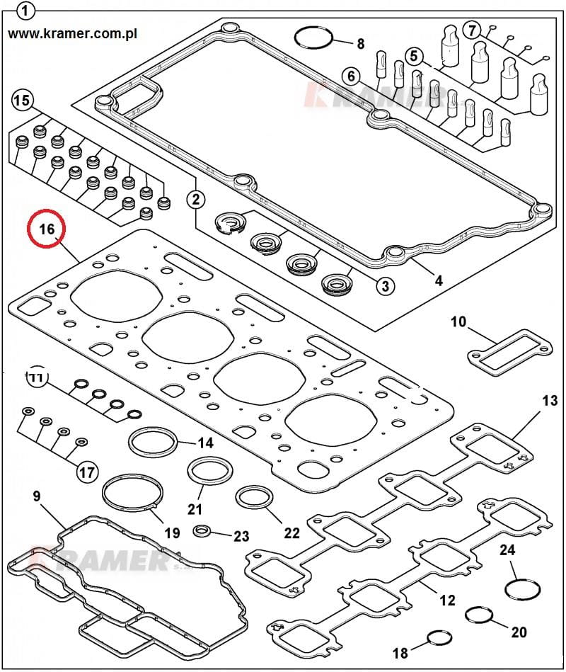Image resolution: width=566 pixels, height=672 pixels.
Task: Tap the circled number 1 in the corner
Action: click(26, 11)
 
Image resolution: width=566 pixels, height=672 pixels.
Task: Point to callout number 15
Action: click(22, 101)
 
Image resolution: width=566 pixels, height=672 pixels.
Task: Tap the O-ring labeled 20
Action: click(480, 615)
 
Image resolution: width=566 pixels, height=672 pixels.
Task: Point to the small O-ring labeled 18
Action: click(439, 641)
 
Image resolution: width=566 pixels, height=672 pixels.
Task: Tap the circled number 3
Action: click(385, 285)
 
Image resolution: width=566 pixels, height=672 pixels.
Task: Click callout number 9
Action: click(37, 496)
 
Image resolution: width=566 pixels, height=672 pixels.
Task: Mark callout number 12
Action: click(446, 600)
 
